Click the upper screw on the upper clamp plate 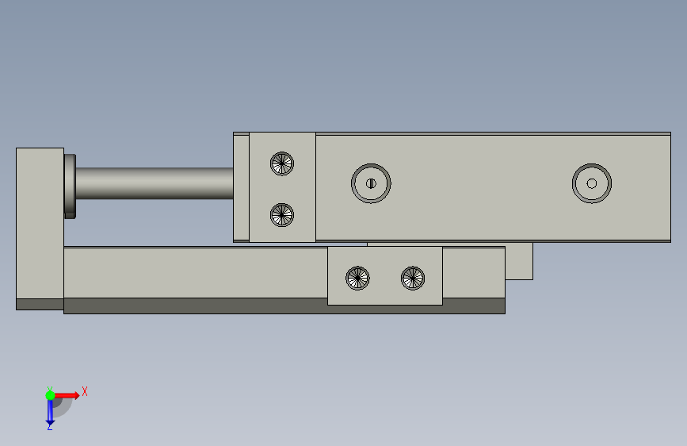point(282,163)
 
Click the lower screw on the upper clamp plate point(282,215)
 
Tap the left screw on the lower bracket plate point(357,278)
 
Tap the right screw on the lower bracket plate point(413,278)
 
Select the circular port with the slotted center point(371,183)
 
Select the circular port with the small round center point(591,183)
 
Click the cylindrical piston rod point(155,183)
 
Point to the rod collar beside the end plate point(70,186)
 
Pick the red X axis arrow point(67,395)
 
